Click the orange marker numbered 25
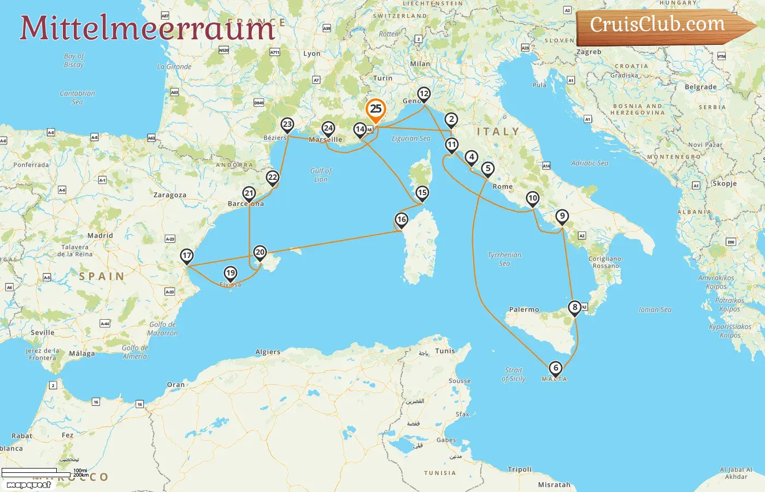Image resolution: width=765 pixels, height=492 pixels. (x=376, y=109)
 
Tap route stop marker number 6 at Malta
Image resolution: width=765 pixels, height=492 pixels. (x=555, y=368)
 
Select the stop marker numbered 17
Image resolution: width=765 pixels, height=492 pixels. (x=187, y=256)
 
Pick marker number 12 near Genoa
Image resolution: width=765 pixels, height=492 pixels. (x=424, y=94)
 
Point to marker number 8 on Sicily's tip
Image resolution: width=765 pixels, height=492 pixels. (x=574, y=308)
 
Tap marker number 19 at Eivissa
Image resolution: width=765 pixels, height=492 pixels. (x=231, y=273)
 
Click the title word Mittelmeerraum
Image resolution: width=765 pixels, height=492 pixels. (x=147, y=27)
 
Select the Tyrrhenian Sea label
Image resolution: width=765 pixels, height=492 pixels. (x=504, y=259)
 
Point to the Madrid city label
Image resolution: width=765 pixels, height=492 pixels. (x=100, y=236)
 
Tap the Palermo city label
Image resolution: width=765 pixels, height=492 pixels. (x=524, y=309)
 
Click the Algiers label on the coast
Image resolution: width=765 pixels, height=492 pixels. (x=268, y=352)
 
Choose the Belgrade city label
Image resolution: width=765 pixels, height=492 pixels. (x=701, y=87)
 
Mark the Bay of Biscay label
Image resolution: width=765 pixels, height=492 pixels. (x=74, y=60)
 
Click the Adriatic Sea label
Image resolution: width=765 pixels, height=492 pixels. (x=589, y=163)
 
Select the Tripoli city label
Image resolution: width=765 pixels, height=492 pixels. (x=519, y=469)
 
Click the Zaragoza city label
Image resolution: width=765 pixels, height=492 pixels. (x=169, y=195)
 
